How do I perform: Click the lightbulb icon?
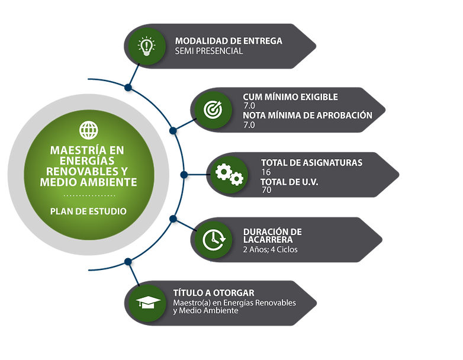(x=147, y=46)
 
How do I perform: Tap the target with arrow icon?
(x=213, y=110)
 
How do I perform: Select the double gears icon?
(x=229, y=174)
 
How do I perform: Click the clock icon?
(x=214, y=240)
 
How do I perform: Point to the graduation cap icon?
(x=148, y=302)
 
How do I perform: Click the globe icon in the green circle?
(x=88, y=130)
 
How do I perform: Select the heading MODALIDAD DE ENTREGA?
(x=229, y=41)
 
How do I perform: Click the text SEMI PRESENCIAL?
(x=209, y=51)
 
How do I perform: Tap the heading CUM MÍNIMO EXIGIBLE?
(x=290, y=97)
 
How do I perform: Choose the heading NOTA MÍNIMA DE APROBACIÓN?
(x=307, y=115)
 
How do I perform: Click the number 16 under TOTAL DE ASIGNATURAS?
(x=266, y=172)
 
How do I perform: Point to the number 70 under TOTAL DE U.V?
(x=266, y=190)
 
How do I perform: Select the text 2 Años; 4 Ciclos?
(x=270, y=249)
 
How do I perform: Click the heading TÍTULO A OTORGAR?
(x=214, y=293)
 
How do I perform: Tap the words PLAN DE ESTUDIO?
(x=88, y=211)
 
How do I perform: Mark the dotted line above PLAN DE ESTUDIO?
(x=89, y=195)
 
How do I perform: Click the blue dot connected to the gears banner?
(x=184, y=175)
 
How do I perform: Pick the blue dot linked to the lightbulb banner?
(x=128, y=88)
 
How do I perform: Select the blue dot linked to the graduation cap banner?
(x=128, y=262)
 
